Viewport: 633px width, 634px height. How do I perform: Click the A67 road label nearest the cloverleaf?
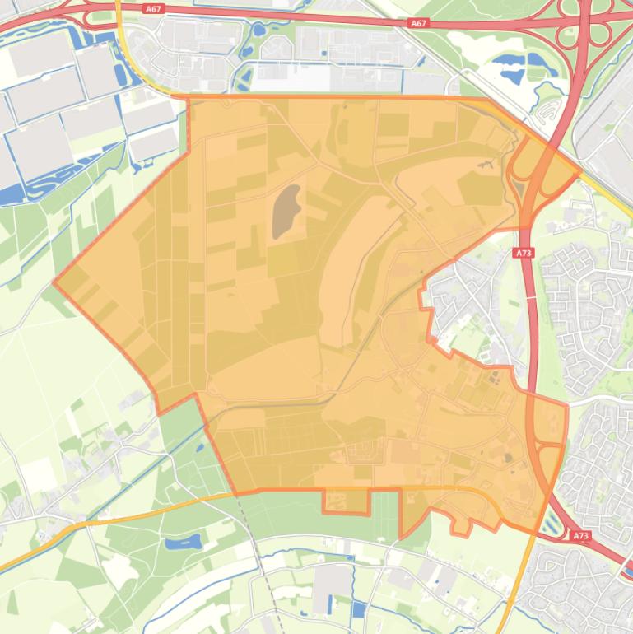[x=418, y=23]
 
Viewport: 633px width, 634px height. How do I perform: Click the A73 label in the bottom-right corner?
[x=580, y=535]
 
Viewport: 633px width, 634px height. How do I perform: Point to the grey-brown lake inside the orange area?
[x=286, y=211]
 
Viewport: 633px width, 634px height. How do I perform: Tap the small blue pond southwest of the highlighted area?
[x=183, y=543]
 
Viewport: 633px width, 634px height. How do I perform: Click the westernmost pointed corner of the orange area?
[x=54, y=282]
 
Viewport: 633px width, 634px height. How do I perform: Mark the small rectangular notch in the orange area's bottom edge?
[x=345, y=501]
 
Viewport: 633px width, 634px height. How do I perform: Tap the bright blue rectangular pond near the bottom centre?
[x=358, y=610]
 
